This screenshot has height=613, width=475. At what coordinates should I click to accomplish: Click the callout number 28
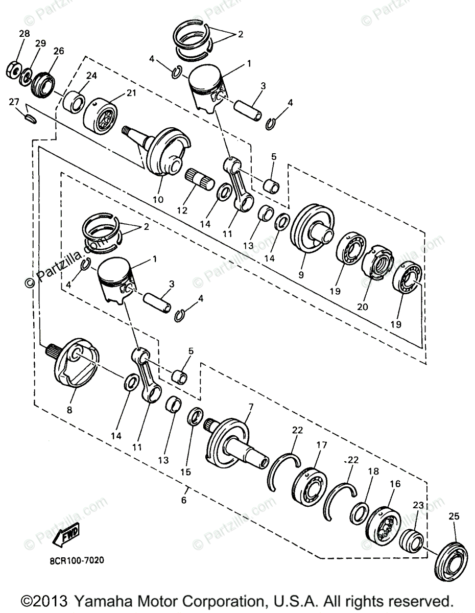click(25, 34)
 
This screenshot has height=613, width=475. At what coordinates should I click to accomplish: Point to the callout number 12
click(182, 210)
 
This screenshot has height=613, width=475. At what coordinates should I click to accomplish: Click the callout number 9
click(301, 274)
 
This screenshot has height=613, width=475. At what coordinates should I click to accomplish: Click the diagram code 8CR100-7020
click(77, 560)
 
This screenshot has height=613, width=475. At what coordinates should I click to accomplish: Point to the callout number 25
click(454, 516)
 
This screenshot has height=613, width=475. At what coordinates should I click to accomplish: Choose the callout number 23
click(418, 505)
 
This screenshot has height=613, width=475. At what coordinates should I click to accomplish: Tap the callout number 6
click(184, 500)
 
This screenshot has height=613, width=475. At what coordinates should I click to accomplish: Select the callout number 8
click(69, 409)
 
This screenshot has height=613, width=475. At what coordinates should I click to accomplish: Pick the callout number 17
click(321, 445)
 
